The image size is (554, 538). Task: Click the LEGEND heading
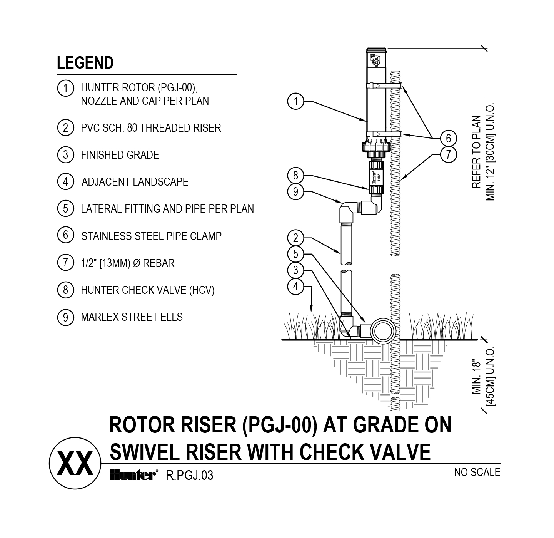[85, 63]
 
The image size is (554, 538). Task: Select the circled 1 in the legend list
[65, 88]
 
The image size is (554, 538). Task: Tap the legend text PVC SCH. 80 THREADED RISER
[151, 128]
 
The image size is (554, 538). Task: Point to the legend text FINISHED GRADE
[120, 155]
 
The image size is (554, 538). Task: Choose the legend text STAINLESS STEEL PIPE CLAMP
[151, 236]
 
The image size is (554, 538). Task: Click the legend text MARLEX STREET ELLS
[132, 317]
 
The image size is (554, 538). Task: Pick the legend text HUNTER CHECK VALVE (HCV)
[147, 290]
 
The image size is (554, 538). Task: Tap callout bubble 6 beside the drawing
[448, 138]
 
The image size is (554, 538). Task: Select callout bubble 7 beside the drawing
[448, 154]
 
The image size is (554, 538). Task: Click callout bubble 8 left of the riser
[295, 176]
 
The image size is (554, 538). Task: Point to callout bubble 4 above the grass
[295, 287]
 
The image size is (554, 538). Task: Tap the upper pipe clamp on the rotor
[385, 85]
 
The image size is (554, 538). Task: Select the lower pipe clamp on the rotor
[385, 134]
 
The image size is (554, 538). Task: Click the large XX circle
[75, 463]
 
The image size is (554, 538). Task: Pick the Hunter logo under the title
[133, 476]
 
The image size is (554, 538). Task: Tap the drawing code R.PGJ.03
[189, 476]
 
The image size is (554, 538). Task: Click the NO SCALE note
[477, 472]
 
